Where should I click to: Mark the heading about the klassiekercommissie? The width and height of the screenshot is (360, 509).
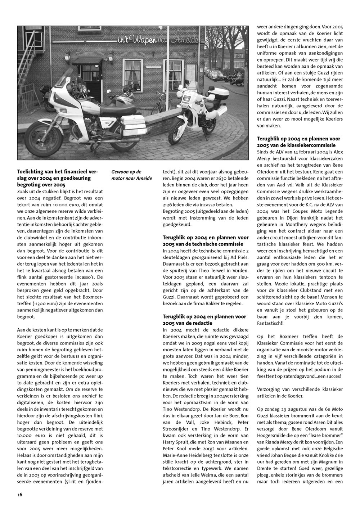pos(298,141)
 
